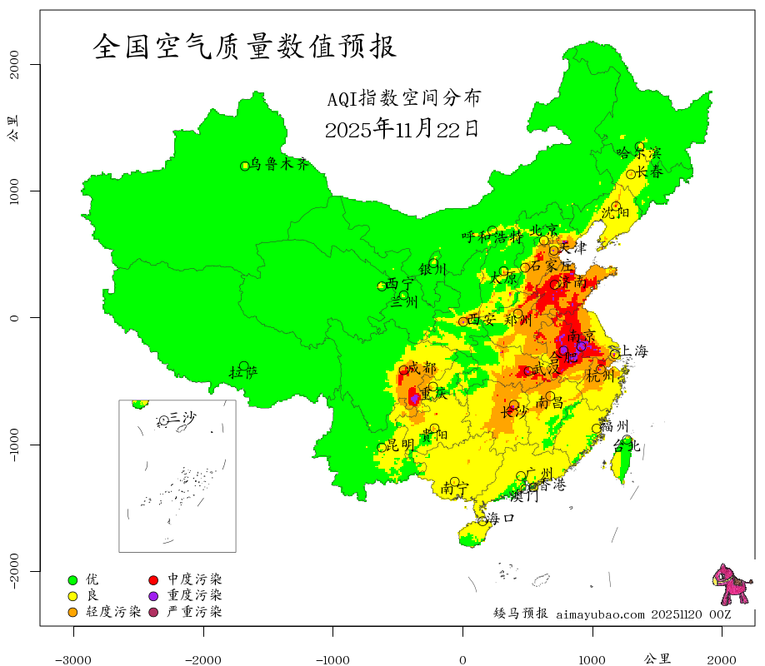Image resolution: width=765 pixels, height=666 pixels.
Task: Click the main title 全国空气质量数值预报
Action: coord(244,47)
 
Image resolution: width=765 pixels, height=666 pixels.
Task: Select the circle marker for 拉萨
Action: coord(243,365)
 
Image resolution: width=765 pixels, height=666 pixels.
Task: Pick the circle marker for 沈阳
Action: coord(616,206)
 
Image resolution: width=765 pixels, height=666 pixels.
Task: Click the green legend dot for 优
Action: coord(72,579)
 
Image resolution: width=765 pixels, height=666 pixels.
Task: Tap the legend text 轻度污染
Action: coord(113,612)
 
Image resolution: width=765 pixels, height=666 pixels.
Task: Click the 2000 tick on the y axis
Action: coord(17,64)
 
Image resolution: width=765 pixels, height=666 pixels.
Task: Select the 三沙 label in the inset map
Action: coord(182,417)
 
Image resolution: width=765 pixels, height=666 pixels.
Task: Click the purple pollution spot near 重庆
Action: coord(414,399)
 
